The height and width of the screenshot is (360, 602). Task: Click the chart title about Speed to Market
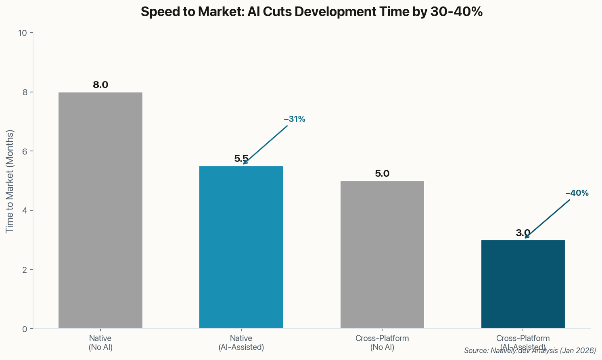[311, 12]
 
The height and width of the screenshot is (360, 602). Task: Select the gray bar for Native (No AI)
[100, 210]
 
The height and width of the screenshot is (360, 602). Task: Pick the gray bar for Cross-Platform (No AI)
[382, 255]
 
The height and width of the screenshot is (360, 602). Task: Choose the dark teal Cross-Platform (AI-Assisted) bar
[523, 284]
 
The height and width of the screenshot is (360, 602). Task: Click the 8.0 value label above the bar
[100, 85]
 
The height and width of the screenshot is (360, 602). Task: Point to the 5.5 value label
[241, 159]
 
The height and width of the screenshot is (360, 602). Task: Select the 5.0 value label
[382, 174]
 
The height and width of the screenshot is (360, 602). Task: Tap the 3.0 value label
[523, 233]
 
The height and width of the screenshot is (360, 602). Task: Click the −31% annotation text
[295, 119]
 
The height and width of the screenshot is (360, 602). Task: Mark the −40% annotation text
[577, 193]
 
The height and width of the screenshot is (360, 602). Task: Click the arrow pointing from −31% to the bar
[265, 144]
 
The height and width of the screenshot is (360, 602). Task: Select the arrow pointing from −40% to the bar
[548, 218]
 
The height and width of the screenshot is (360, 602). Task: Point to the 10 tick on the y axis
[23, 33]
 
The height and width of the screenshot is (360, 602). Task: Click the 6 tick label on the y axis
[25, 151]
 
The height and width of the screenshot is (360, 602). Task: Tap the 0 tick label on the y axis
[25, 329]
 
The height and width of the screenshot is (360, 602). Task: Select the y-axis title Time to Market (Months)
[10, 181]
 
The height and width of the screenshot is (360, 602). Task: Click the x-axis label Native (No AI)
[100, 343]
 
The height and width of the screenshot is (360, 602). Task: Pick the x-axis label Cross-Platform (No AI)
[382, 343]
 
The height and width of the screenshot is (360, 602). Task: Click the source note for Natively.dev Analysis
[530, 351]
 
